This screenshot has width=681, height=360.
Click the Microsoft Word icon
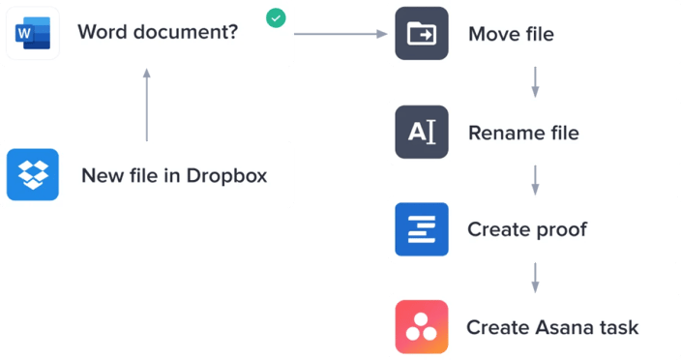point(33,34)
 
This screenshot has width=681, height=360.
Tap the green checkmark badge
point(277,18)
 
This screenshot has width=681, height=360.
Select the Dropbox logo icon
point(33,175)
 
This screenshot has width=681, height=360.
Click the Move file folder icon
point(422,34)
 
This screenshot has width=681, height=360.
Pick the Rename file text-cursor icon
point(422,132)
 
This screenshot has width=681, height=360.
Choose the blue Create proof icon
point(422,229)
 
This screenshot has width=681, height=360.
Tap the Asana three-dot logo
point(422,326)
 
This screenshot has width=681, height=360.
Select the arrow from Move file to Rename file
point(535,82)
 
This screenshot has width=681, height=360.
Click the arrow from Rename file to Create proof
point(535,180)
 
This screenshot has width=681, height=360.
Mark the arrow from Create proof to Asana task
point(535,278)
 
